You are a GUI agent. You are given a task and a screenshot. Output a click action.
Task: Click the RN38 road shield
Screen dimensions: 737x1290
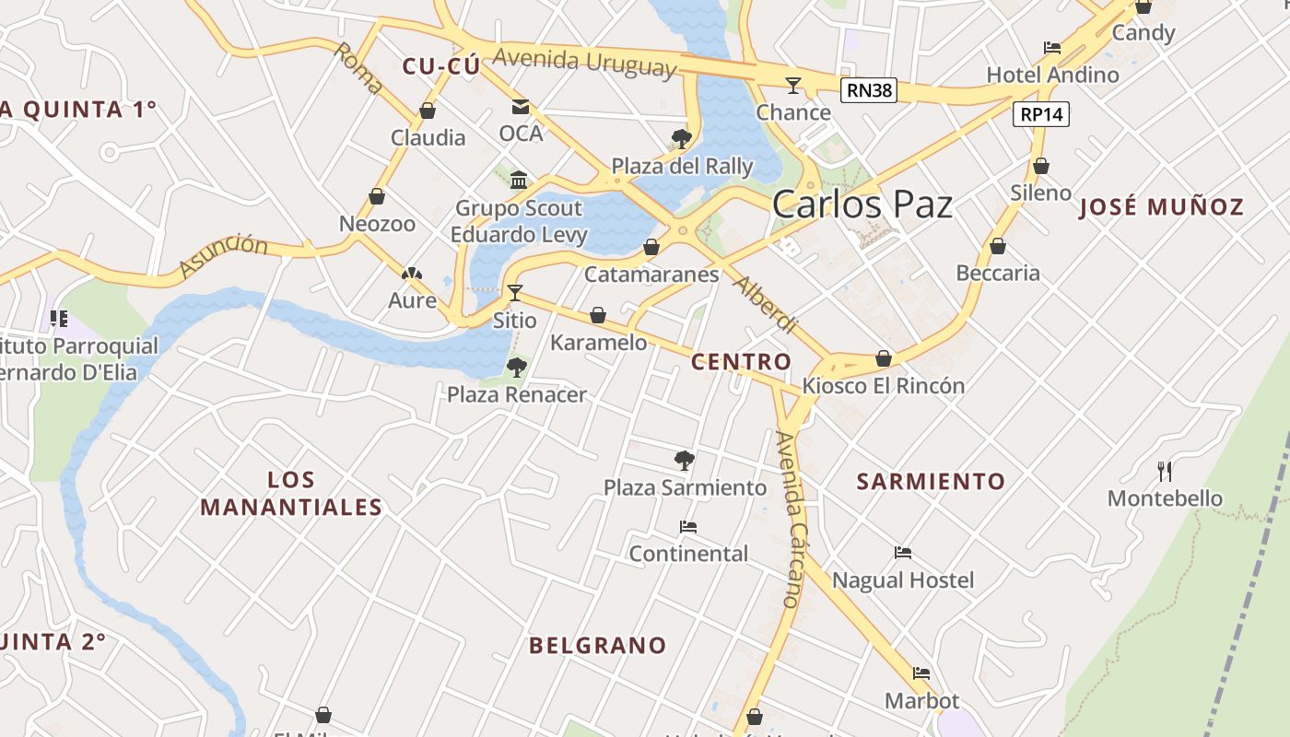868,89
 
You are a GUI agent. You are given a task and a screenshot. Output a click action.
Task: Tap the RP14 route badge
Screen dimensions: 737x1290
1041,114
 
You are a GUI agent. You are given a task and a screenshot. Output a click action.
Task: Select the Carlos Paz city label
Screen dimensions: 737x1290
862,204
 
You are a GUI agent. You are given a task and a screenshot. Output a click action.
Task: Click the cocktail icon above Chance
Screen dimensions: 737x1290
792,86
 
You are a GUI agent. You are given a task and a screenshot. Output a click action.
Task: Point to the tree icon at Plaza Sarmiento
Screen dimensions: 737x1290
684,460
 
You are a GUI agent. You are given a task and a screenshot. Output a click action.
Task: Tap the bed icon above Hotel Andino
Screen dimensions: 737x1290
1052,48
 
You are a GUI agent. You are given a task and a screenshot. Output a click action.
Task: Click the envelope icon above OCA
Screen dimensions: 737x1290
521,107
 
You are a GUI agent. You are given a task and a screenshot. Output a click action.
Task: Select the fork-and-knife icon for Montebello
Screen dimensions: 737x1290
1165,472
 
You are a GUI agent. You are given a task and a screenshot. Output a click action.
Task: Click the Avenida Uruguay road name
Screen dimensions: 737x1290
584,63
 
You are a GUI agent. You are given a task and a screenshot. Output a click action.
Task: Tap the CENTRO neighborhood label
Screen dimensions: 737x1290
741,362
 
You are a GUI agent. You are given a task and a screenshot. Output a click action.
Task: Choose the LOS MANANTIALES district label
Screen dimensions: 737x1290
291,493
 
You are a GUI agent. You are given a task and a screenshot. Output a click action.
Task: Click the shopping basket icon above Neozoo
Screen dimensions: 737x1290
376,196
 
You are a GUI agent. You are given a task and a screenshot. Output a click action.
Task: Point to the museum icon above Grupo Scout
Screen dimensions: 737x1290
519,180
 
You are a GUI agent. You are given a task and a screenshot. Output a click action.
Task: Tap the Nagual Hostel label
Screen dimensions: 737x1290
902,580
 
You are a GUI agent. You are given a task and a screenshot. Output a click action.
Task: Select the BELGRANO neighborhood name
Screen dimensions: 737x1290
597,646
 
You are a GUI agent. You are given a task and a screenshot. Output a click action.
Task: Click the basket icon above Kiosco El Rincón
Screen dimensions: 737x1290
884,358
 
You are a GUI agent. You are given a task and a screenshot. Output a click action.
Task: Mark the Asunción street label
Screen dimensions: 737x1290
223,255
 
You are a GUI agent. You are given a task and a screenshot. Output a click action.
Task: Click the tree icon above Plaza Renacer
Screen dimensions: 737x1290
516,368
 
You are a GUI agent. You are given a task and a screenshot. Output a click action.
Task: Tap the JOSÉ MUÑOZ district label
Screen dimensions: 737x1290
1161,207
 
